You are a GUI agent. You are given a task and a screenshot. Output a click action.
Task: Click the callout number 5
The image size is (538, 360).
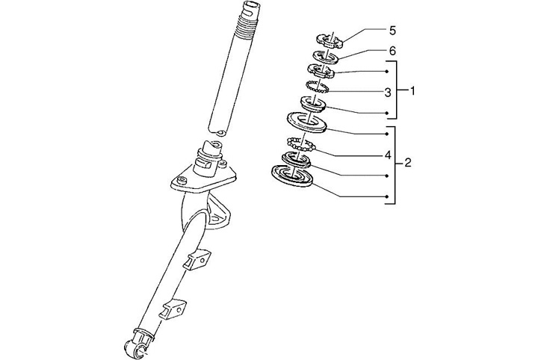(x=392, y=31)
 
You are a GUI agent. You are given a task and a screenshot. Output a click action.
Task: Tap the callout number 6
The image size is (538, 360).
(x=392, y=51)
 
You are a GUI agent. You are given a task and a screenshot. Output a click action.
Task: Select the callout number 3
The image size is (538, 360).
(x=388, y=93)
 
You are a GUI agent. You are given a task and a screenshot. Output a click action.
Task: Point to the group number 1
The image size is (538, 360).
(x=412, y=90)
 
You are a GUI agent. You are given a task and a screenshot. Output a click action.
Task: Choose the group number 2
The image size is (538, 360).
(x=408, y=163)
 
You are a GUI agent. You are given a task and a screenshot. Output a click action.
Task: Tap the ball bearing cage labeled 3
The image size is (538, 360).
(x=319, y=88)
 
